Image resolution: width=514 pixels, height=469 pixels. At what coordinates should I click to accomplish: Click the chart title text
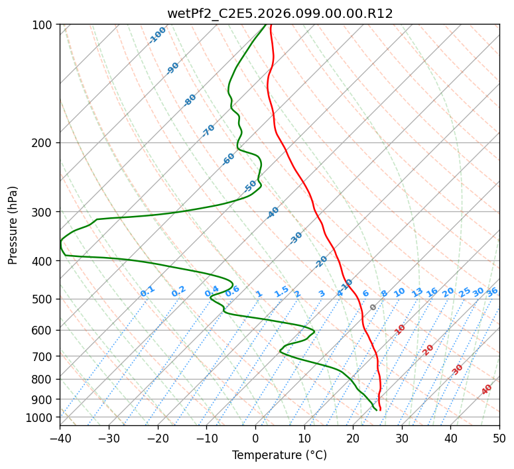(x=279, y=13)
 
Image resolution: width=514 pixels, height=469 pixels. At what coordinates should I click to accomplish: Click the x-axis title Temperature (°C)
(x=279, y=455)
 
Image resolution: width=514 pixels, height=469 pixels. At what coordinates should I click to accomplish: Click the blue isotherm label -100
(x=157, y=35)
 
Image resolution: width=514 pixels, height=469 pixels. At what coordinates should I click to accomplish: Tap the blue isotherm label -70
(x=208, y=130)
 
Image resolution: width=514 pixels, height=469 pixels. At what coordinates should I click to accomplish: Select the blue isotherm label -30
(x=296, y=238)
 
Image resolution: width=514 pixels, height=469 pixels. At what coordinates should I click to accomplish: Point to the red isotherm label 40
(x=487, y=390)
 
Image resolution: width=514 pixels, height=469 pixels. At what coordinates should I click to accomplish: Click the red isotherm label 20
(x=428, y=350)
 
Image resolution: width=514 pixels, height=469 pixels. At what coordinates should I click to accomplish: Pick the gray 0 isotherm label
(x=373, y=307)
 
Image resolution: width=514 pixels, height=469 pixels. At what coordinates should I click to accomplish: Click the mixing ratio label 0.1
(x=147, y=291)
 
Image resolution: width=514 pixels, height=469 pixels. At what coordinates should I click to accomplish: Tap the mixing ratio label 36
(x=492, y=291)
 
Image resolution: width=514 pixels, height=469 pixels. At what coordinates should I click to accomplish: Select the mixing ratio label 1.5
(x=281, y=291)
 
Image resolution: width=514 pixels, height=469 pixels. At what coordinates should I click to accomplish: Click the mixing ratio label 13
(x=417, y=292)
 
